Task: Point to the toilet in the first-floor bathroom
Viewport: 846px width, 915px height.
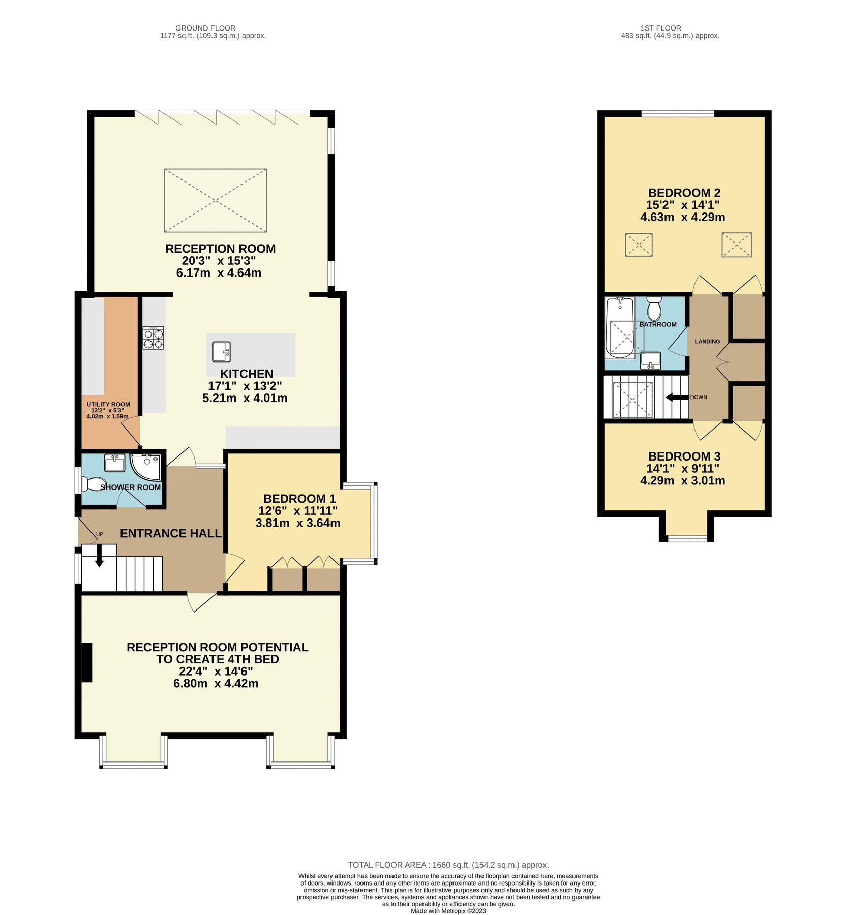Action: (x=654, y=309)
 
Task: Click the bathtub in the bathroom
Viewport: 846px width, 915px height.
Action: (x=619, y=328)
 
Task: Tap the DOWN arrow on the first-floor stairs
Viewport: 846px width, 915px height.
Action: (x=676, y=397)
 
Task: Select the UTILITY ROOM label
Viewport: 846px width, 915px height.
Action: (x=108, y=404)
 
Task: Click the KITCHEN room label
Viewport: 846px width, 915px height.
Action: (x=247, y=374)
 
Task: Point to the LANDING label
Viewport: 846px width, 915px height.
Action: (x=707, y=341)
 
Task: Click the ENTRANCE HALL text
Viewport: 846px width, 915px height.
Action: (x=170, y=533)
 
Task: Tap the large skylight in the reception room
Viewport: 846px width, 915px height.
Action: (x=216, y=200)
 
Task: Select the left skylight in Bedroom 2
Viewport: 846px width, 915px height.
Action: (x=639, y=245)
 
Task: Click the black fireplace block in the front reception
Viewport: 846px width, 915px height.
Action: (x=87, y=662)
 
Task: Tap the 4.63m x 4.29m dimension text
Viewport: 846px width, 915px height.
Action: (x=682, y=217)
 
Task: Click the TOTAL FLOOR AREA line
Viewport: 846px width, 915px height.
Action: (x=448, y=865)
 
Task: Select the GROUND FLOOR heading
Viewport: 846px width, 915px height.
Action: (x=205, y=28)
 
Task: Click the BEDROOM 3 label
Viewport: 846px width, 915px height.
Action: (x=684, y=456)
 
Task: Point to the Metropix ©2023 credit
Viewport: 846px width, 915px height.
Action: (x=448, y=911)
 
